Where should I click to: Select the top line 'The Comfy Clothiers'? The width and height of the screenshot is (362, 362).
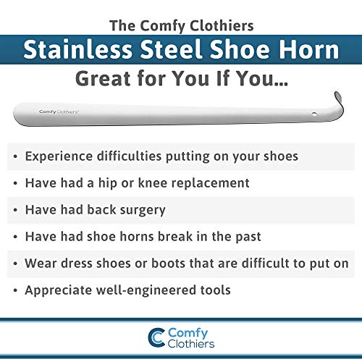click(181, 25)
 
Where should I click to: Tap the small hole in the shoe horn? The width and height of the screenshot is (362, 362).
click(313, 114)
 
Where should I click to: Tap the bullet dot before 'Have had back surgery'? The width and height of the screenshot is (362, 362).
click(15, 210)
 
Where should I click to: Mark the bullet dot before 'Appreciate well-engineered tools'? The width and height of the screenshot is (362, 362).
click(15, 290)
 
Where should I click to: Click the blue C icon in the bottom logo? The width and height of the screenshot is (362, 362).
click(155, 338)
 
